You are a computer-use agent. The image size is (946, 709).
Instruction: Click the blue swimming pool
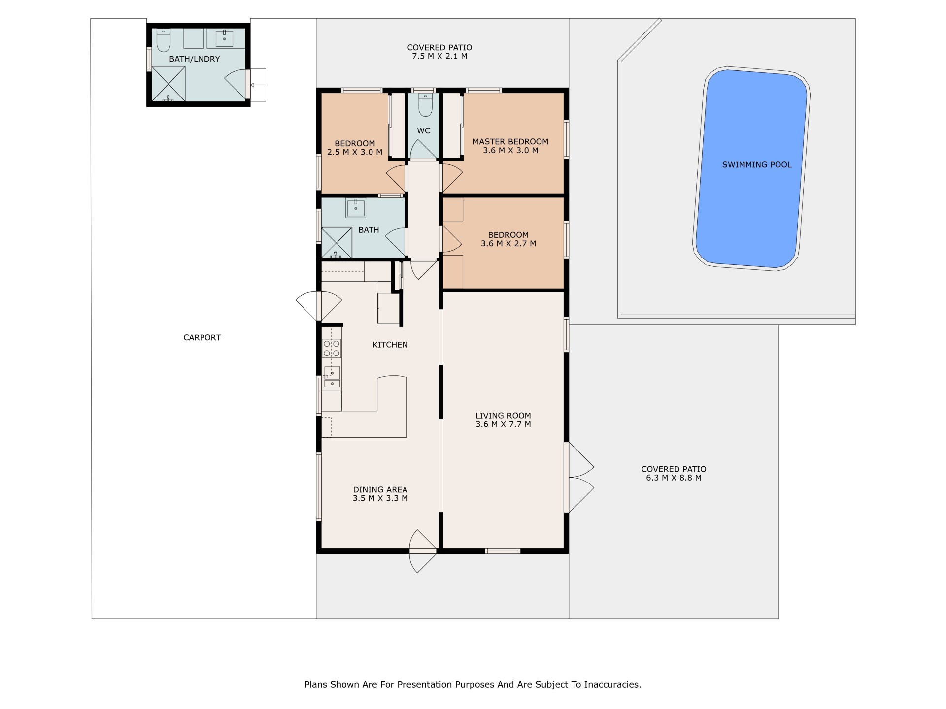752,168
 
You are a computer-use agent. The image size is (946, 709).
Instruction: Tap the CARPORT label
202,338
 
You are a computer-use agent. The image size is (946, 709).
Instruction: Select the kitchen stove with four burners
332,348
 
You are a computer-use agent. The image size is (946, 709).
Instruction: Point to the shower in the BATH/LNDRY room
169,84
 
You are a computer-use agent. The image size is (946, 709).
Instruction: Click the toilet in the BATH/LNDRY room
164,40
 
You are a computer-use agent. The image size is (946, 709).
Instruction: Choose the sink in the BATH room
356,208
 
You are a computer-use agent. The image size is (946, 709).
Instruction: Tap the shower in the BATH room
337,242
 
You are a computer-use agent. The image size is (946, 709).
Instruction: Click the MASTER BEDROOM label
510,142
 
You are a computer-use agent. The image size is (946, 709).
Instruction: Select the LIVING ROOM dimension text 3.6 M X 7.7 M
503,424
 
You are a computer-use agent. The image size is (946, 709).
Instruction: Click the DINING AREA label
380,490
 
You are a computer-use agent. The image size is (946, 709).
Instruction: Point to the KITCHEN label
390,345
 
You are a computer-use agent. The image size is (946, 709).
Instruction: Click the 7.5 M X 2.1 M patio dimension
439,56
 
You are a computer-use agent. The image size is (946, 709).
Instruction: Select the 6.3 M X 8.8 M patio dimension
674,478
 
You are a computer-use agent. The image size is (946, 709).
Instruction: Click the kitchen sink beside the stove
332,377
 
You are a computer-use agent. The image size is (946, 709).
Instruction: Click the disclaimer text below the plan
473,684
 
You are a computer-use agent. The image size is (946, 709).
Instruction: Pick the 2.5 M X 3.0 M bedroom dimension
355,152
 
